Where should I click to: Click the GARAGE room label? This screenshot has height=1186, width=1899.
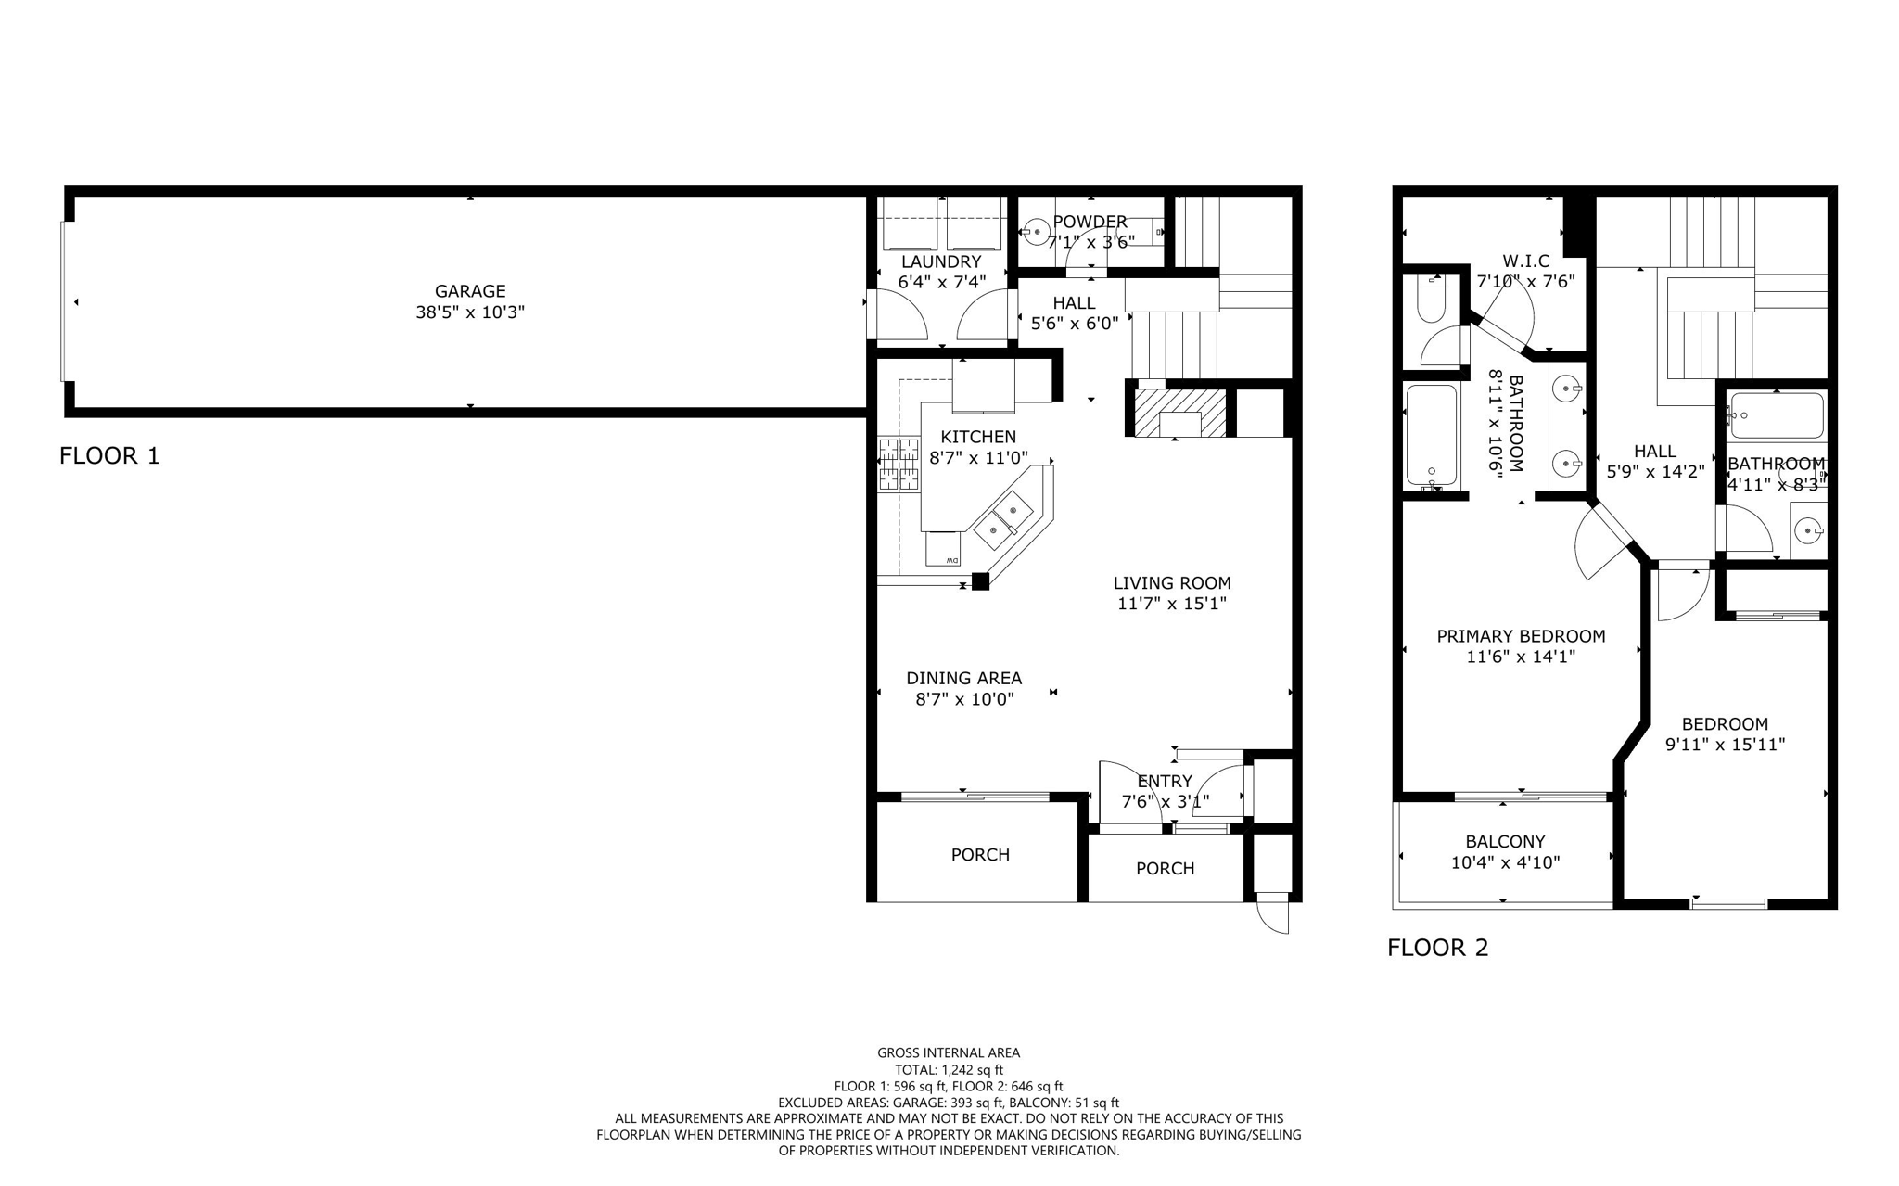coord(470,291)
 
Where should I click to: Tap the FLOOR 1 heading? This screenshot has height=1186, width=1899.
coord(109,455)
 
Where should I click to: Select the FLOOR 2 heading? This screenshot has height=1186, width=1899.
coord(1437,948)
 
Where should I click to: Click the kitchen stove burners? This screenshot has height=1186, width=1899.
coord(899,465)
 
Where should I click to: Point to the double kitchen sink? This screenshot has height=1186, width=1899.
coord(1004,519)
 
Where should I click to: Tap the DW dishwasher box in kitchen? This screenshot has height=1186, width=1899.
coord(944,550)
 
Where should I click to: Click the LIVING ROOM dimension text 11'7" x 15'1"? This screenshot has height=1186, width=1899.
coord(1172,604)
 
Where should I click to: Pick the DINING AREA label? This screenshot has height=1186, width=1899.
coord(964,678)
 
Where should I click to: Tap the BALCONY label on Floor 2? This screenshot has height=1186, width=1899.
coord(1505,841)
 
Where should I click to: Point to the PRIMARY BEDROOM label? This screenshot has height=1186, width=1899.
coord(1521,636)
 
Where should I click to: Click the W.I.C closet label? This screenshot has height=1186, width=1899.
coord(1526,261)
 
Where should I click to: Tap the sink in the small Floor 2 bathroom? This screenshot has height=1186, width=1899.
coord(1807,530)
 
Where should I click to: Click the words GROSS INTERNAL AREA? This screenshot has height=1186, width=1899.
coord(949,1052)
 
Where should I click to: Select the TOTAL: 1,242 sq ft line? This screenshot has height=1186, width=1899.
coord(949,1069)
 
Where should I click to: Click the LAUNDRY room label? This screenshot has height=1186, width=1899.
coord(941,261)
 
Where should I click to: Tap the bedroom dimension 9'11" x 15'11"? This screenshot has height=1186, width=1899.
coord(1725,744)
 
